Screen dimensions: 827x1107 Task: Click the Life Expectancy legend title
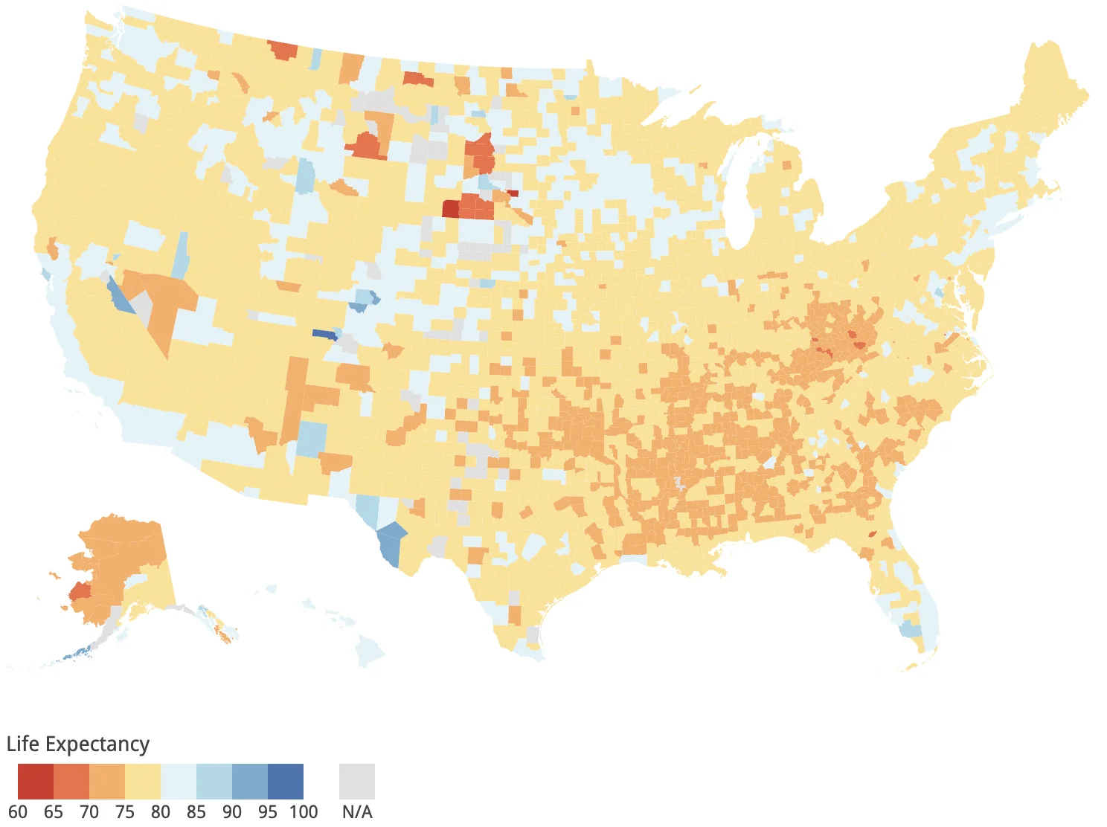(78, 744)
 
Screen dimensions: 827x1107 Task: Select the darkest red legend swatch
(35, 781)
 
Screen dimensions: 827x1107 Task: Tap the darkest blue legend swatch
(286, 781)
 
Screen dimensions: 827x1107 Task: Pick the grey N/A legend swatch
(357, 781)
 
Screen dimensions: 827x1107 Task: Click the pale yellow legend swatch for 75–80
(143, 781)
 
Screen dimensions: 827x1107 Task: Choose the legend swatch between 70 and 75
(107, 781)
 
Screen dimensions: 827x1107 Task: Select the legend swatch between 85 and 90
(214, 781)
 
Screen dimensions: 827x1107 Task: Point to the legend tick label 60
(18, 811)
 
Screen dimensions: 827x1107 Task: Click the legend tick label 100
(304, 811)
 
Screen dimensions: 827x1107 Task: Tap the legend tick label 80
(161, 811)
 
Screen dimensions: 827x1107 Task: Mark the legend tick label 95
(268, 811)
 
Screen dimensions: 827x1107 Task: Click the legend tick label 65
(54, 811)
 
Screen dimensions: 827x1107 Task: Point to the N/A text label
(357, 811)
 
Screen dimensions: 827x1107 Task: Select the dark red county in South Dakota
(450, 209)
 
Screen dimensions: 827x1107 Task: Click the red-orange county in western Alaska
(79, 591)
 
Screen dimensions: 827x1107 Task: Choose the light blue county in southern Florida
(910, 628)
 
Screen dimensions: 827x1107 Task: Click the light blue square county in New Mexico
(311, 439)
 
